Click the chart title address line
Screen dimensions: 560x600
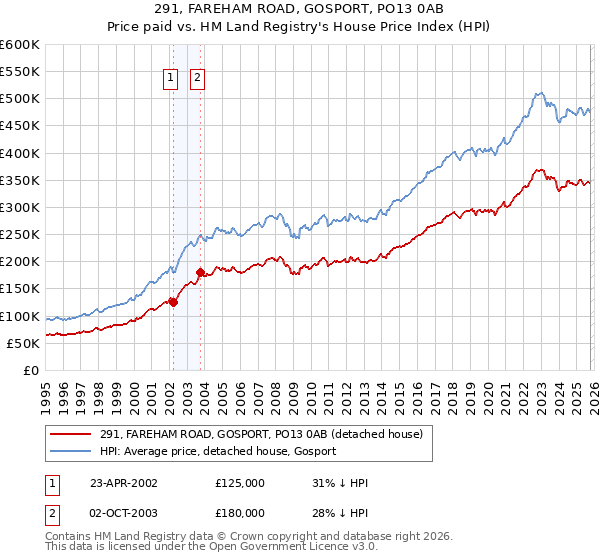pos(300,9)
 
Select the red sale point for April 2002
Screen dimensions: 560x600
pos(173,302)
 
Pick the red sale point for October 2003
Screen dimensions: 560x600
pos(201,272)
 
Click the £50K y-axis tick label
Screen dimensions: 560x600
pos(22,343)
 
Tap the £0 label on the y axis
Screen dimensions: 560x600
pos(30,370)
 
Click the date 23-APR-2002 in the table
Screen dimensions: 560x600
pos(123,483)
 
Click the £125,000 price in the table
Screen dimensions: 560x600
pos(240,483)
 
